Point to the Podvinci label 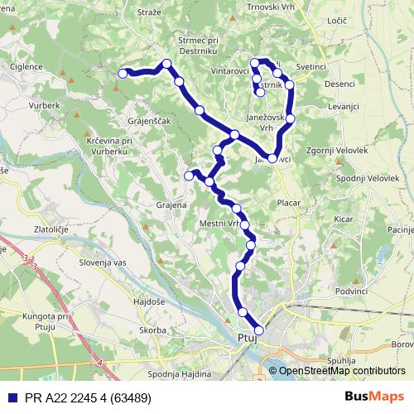[x=351, y=291]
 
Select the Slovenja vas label [x=102, y=262]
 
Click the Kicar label [x=344, y=219]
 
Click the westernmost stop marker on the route [x=123, y=74]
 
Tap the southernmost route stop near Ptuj [x=259, y=330]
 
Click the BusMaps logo [x=375, y=397]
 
